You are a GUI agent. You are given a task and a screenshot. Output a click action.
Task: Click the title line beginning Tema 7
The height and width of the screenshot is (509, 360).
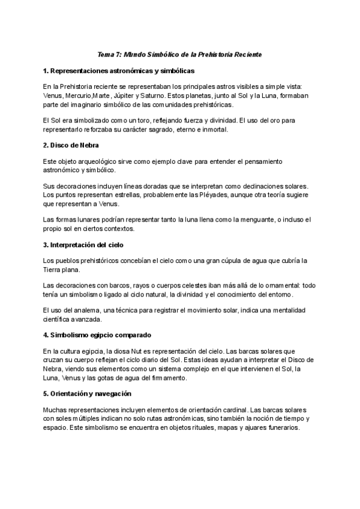179,55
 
